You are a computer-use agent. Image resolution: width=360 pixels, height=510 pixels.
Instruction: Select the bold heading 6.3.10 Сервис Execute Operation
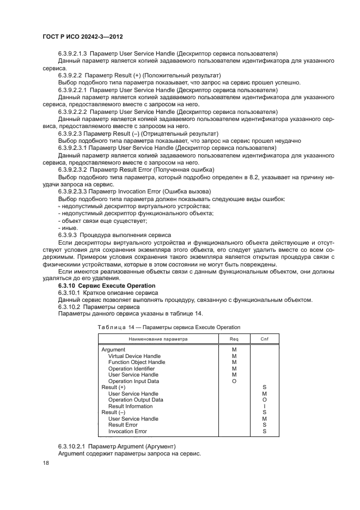tap(107, 286)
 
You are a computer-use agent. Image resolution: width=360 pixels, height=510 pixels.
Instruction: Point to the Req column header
tap(234, 338)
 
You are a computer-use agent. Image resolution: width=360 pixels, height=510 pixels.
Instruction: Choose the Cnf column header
tap(264, 338)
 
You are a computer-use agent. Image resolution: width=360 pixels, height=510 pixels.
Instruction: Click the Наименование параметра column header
tap(158, 338)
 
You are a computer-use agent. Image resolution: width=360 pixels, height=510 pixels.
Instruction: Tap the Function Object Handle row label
tap(137, 362)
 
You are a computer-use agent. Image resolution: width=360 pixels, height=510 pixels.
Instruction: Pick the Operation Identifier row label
tap(132, 368)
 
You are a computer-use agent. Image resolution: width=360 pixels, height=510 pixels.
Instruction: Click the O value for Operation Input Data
tap(234, 381)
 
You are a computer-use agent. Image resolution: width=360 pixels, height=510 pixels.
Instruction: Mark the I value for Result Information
tap(264, 406)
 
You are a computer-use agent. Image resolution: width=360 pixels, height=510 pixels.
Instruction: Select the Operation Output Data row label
tap(136, 399)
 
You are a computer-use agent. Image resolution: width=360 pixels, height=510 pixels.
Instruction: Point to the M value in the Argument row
tap(234, 349)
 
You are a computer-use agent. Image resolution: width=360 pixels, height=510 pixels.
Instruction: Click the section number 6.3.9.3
tap(70, 235)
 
